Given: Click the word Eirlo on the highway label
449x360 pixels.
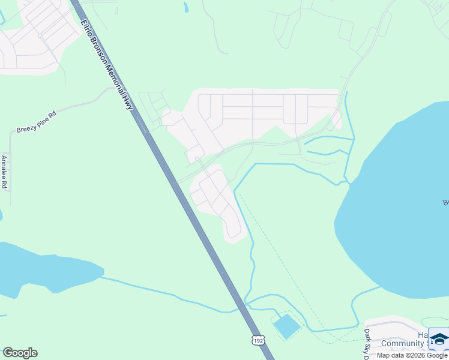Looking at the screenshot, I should point(87,29).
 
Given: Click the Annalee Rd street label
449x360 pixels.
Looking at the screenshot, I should point(4,172).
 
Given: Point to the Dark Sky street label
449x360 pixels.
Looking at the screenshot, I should point(367,342).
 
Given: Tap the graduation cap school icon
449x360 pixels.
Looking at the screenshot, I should point(439,340).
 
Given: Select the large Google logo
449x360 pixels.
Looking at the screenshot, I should point(20,353).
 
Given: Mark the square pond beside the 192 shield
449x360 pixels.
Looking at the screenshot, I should point(286,326).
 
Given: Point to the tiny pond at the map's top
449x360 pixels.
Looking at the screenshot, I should point(186,8).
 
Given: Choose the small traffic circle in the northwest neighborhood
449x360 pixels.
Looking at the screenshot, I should point(40,35).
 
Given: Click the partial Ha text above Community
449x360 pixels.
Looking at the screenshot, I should point(423,335).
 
